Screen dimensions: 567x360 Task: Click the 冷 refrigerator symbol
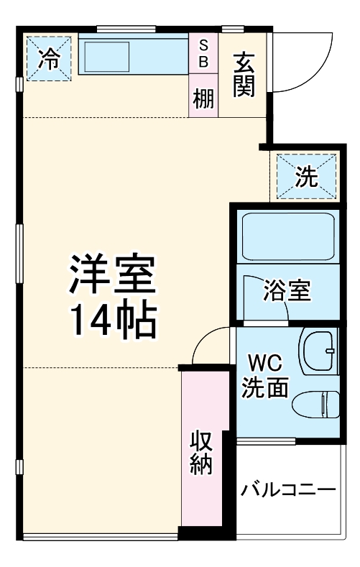(x=50, y=58)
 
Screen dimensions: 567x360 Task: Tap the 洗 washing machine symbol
(x=307, y=177)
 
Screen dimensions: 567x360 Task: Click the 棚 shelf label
(x=203, y=97)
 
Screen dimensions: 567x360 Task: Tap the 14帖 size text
(x=111, y=322)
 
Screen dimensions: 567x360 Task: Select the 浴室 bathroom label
(x=287, y=290)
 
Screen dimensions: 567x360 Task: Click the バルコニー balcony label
(x=288, y=492)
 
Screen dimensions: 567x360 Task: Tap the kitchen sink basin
(x=108, y=56)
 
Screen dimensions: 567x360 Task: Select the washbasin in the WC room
(x=319, y=351)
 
